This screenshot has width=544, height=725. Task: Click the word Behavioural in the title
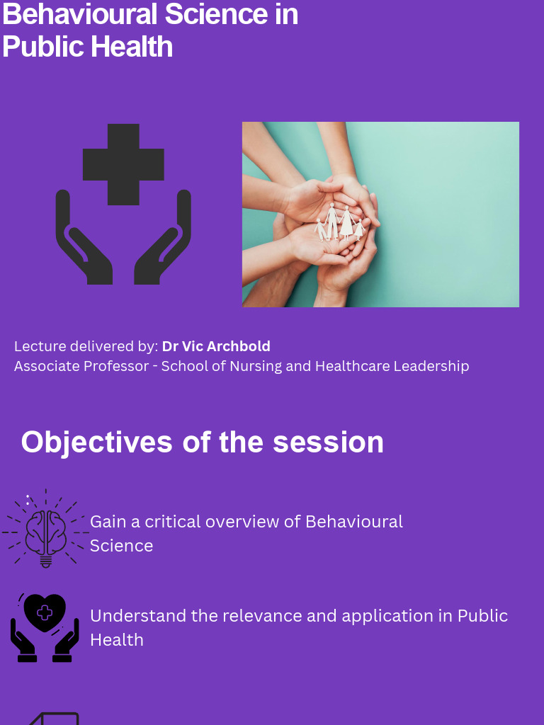tap(79, 15)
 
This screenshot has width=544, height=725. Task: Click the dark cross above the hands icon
tap(123, 164)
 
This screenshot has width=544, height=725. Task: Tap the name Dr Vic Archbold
tap(216, 346)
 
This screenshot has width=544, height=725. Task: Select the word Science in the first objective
tap(121, 546)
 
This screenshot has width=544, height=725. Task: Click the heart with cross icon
tap(45, 613)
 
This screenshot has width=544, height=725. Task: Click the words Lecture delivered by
tap(86, 346)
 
